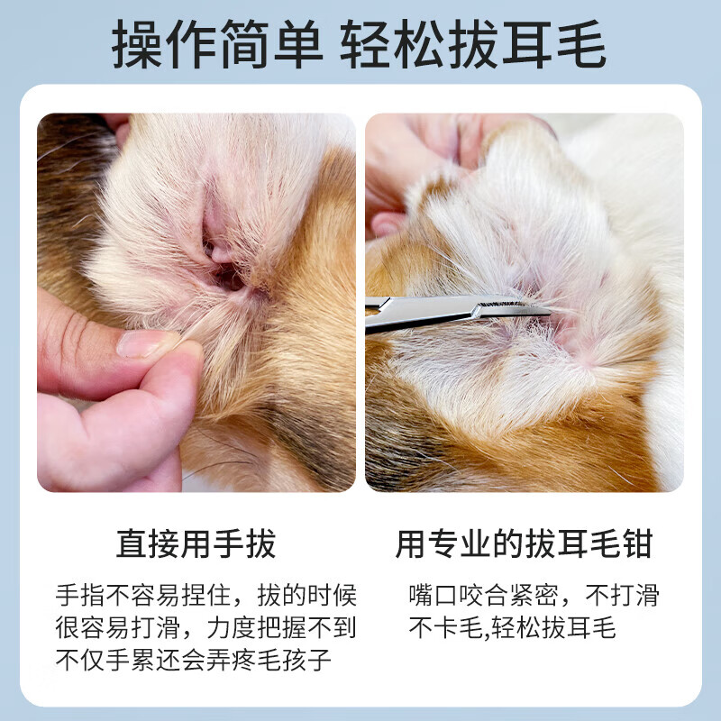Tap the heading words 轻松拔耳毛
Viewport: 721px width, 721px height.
(473, 45)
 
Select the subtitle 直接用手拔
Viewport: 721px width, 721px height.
(196, 544)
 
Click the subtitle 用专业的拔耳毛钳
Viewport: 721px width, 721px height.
(524, 544)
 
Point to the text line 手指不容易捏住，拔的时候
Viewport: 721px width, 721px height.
(206, 596)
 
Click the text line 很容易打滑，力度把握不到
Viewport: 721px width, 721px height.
(206, 628)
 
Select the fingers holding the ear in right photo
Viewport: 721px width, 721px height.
(406, 171)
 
